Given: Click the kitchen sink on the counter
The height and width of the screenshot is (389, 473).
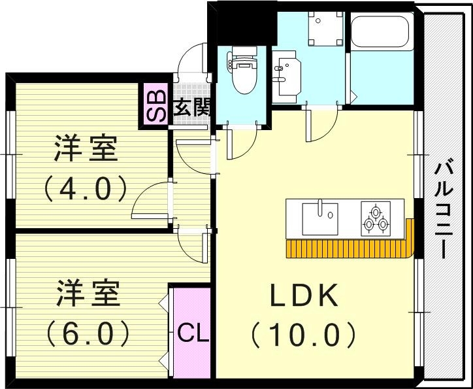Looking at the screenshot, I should pos(320,218).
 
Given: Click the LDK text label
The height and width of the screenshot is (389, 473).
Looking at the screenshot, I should pos(304,296).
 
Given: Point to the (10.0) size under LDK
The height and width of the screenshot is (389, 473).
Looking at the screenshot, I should pos(304,335).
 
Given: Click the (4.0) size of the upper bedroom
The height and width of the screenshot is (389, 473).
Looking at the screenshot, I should pos(86,189).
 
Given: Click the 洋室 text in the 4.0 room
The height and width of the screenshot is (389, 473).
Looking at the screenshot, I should pos(86,150).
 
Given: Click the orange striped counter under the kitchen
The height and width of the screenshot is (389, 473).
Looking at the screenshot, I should pos(346,248).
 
